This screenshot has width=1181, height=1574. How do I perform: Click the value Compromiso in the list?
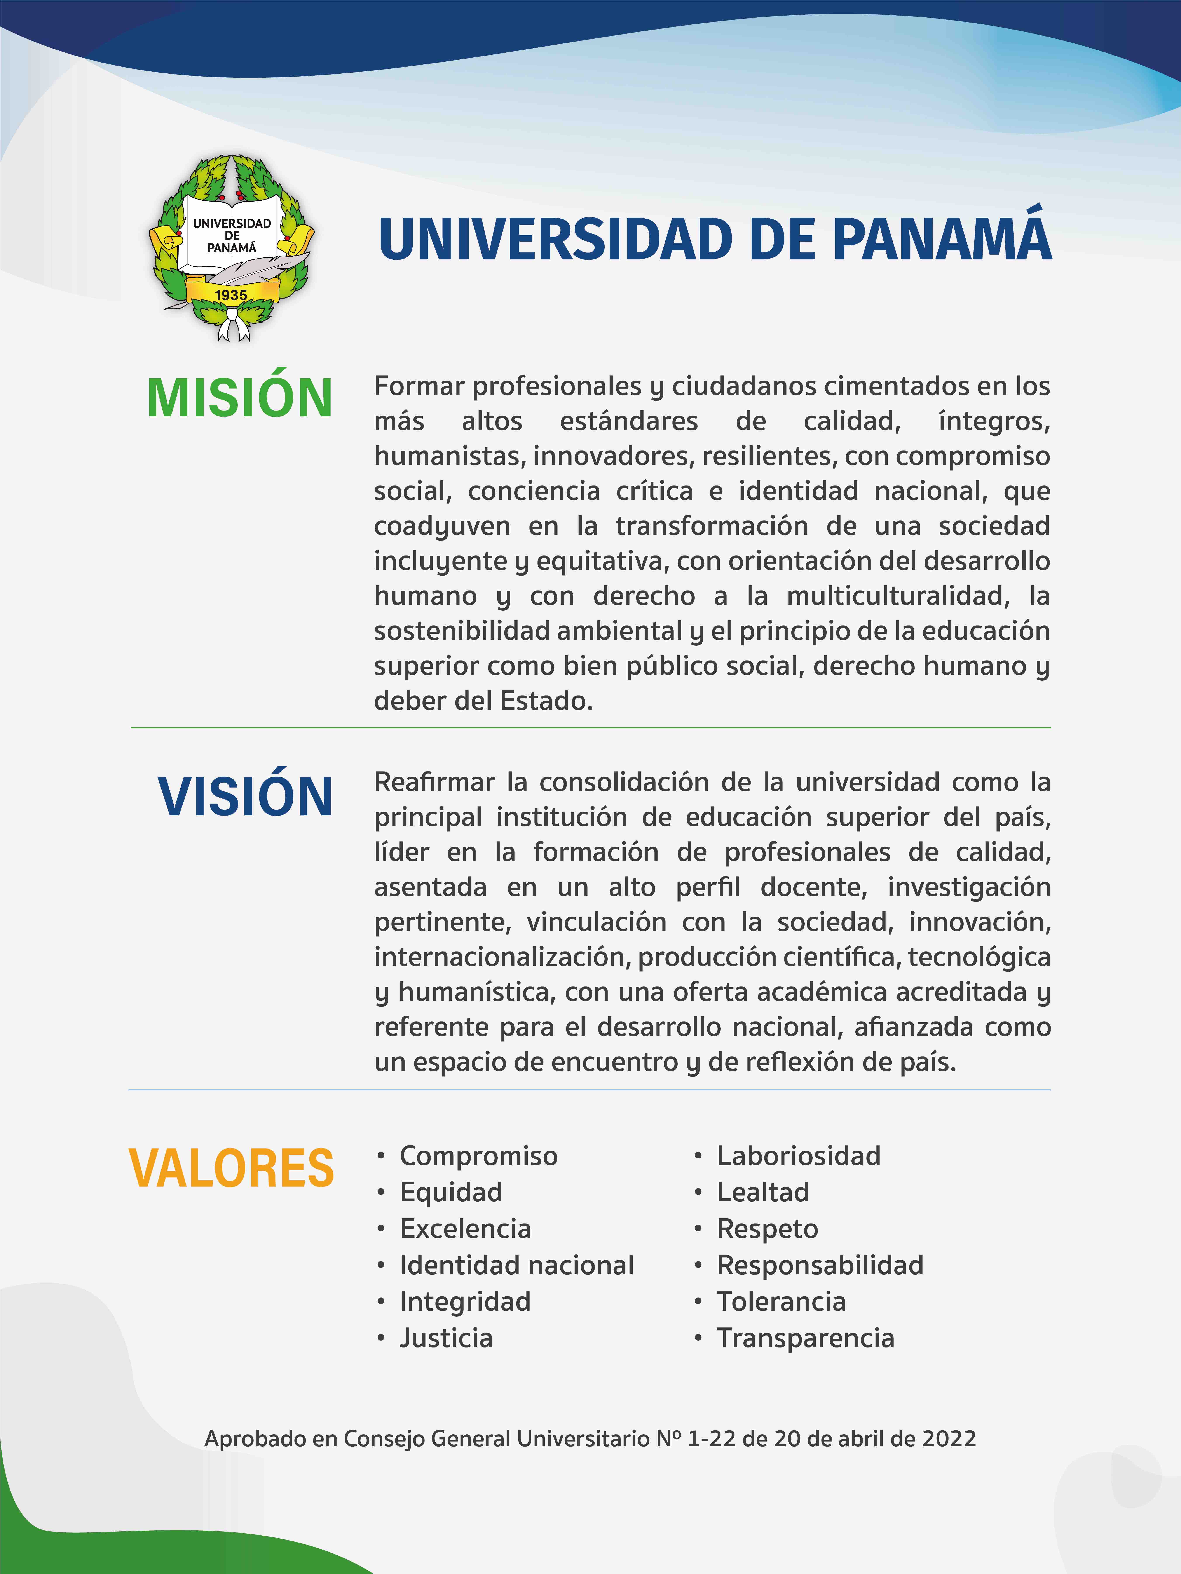click(478, 1156)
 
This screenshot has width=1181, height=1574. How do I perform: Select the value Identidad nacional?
click(516, 1265)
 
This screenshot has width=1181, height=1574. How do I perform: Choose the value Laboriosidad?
click(798, 1156)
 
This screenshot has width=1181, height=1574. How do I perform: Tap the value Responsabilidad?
click(819, 1265)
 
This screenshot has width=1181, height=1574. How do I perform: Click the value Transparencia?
click(805, 1338)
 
